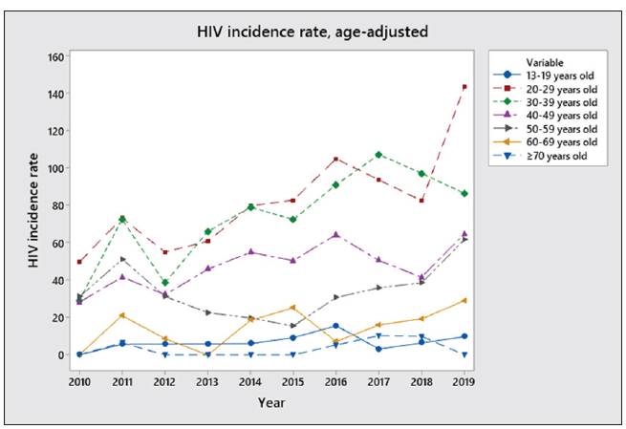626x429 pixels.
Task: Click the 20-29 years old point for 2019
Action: click(x=464, y=87)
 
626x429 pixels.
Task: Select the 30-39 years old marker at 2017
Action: click(x=378, y=155)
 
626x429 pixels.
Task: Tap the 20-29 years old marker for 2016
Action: click(x=335, y=160)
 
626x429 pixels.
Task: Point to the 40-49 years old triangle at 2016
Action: click(x=335, y=234)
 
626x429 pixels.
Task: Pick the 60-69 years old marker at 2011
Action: click(x=122, y=315)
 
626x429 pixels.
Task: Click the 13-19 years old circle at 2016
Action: click(x=335, y=326)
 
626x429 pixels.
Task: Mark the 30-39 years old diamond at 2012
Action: click(x=165, y=283)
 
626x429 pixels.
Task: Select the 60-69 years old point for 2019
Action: click(x=464, y=300)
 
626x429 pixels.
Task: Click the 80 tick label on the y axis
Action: click(x=57, y=205)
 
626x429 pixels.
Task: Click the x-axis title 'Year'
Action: click(x=271, y=402)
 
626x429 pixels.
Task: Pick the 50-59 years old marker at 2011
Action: click(x=122, y=259)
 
